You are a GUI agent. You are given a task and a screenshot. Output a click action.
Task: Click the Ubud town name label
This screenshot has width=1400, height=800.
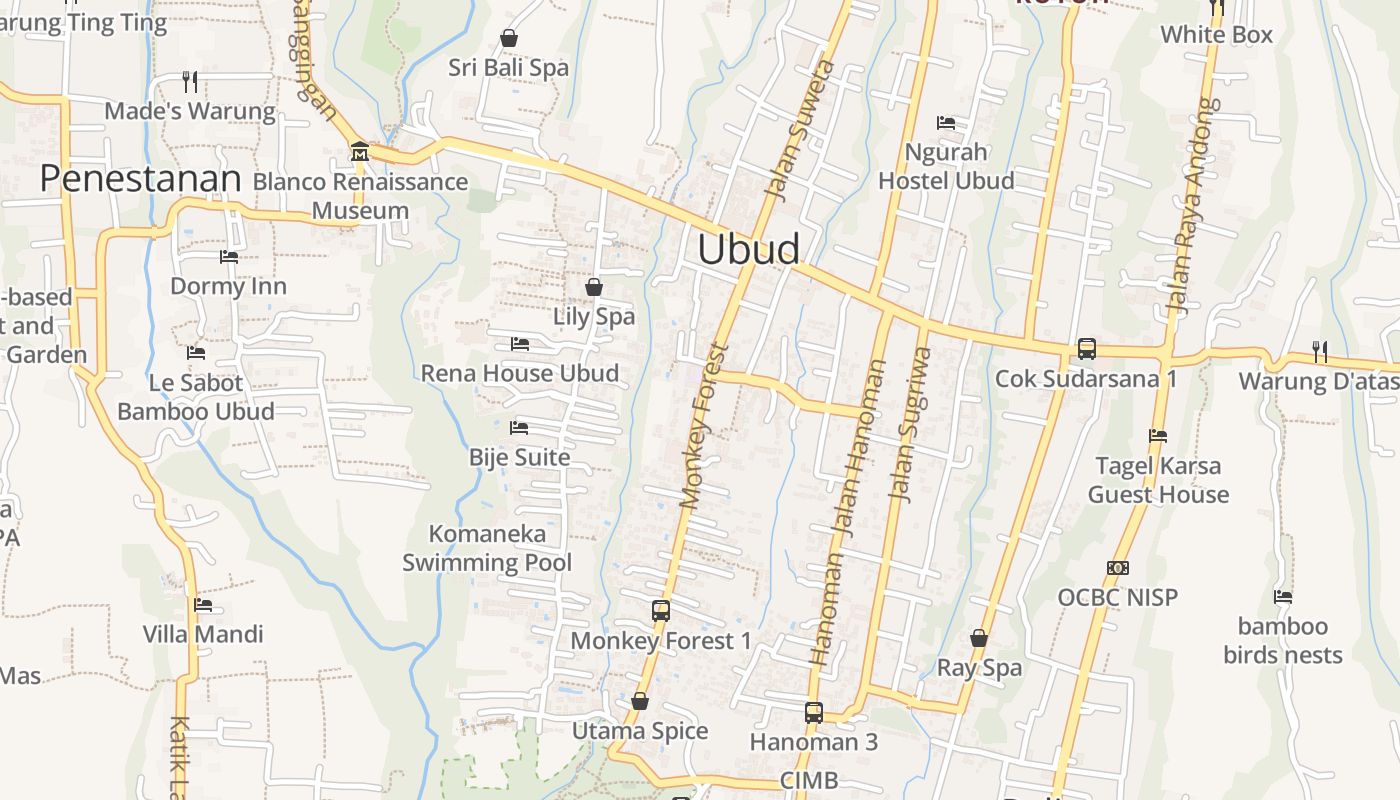tap(749, 249)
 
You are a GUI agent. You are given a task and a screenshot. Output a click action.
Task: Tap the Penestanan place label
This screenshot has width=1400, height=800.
tap(141, 179)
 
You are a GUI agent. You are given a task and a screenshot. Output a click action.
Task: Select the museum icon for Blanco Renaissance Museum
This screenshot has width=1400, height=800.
tap(359, 152)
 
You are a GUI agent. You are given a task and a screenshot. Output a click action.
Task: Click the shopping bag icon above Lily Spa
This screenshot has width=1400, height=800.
tap(594, 287)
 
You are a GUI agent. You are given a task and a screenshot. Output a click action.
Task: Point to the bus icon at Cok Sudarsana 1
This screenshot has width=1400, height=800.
tap(1087, 349)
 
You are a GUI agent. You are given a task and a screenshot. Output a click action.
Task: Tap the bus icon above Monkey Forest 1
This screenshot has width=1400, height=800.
tap(660, 610)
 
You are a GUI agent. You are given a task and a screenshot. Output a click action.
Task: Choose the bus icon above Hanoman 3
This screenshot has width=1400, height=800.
tap(814, 712)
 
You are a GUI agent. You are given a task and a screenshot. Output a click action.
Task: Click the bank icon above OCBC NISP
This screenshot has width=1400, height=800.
tap(1118, 568)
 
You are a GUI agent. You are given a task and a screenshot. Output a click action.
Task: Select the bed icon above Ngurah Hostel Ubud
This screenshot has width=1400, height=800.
tap(946, 123)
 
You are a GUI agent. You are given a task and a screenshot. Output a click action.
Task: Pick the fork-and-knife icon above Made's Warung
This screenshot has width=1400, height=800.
tap(190, 81)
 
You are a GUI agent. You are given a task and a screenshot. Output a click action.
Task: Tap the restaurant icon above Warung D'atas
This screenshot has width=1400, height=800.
tap(1320, 351)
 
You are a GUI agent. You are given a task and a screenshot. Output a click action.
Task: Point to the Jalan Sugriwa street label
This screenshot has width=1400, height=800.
tap(909, 424)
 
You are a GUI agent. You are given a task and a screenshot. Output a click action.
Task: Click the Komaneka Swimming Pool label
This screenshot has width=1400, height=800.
tap(487, 548)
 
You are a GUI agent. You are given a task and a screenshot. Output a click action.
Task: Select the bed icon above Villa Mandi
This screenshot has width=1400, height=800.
tap(203, 604)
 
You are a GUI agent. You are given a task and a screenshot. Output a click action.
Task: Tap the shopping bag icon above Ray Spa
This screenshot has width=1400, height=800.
tap(979, 638)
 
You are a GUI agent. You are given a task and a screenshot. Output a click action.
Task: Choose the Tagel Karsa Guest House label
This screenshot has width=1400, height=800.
tap(1158, 480)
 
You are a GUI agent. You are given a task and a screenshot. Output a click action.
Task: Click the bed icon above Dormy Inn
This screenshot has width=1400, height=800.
tap(229, 257)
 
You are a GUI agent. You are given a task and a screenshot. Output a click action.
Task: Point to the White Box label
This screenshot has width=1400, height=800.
tap(1216, 35)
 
